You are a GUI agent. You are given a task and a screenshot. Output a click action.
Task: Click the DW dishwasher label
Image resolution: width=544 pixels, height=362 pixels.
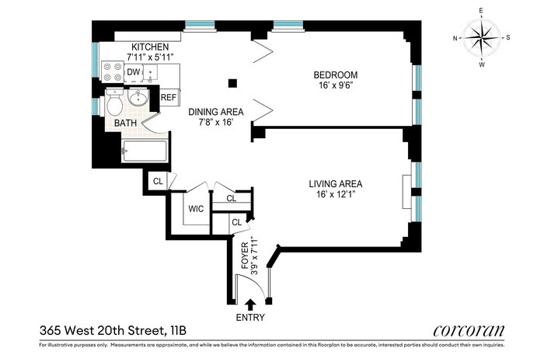134,72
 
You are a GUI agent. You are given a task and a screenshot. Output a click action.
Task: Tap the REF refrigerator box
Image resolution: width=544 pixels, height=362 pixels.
169,97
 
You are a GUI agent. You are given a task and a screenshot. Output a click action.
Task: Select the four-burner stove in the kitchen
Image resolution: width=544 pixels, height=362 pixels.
113,71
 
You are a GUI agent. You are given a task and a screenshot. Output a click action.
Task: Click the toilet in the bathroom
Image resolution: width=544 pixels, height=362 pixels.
114,102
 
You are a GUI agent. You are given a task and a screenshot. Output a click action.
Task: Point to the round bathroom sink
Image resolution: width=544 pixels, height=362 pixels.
138,97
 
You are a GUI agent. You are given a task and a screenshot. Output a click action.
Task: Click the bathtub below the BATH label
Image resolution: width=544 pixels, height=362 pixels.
145,151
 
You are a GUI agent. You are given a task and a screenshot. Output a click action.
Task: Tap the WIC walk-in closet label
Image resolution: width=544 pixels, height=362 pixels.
196,209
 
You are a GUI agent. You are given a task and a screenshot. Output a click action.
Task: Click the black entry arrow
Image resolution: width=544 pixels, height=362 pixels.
250,305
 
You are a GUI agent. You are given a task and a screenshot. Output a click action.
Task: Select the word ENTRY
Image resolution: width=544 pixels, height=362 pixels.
250,317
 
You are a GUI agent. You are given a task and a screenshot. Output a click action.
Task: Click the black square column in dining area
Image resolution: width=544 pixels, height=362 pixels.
232,83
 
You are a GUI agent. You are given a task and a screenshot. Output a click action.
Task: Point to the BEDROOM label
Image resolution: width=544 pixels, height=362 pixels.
336,75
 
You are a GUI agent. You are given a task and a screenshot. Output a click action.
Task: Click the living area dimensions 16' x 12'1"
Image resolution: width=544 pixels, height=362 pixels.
336,194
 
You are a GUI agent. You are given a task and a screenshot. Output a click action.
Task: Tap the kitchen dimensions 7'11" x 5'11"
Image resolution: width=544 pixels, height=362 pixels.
150,57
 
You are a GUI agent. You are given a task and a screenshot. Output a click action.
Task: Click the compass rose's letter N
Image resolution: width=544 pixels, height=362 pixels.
455,38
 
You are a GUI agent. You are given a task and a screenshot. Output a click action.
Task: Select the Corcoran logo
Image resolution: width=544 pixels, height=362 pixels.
469,330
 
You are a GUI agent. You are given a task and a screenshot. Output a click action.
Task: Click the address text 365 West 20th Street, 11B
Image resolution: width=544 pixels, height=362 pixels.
113,330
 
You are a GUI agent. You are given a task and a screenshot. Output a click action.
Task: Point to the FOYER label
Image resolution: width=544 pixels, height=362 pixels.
246,256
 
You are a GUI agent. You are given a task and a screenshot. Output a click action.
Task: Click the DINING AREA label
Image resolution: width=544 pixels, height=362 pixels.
216,112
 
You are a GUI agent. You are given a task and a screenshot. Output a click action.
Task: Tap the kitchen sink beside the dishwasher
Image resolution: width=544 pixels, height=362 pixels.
151,73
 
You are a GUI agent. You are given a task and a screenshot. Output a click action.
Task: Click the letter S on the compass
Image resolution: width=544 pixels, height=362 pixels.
508,37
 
